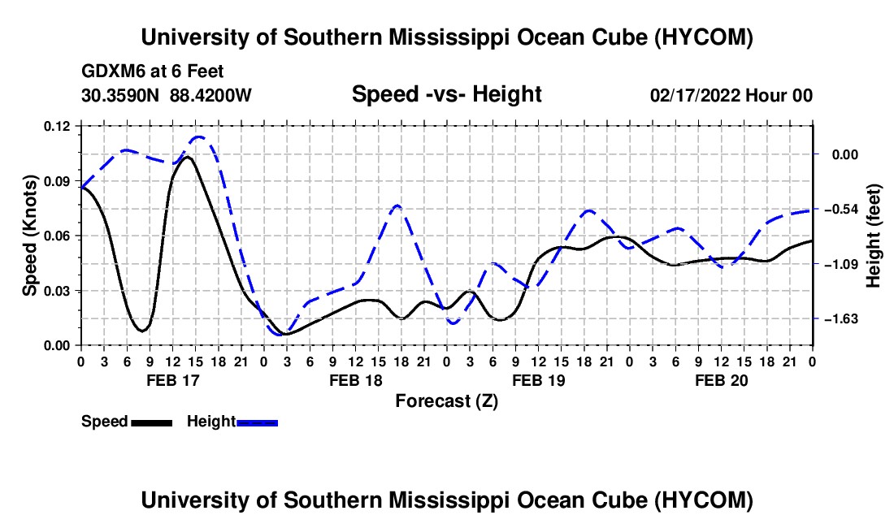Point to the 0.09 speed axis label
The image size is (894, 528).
tap(57, 181)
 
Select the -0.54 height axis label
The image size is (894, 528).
tap(841, 209)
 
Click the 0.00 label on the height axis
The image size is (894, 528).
tap(845, 154)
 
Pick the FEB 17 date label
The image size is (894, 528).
tap(173, 380)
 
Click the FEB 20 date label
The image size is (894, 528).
tap(721, 380)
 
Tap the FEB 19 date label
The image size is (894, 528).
tap(538, 380)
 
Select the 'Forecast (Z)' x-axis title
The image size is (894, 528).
tap(446, 401)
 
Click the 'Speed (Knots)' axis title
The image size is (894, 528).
tap(29, 236)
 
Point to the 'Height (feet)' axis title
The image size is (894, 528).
tap(874, 236)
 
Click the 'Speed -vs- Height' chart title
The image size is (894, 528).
tap(446, 94)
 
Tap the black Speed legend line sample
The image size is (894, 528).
tap(152, 422)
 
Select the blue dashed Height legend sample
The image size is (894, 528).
tap(257, 422)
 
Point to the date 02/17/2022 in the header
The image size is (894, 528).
tap(695, 95)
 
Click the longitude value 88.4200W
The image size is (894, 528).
tap(210, 95)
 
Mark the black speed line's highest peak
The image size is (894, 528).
tap(186, 157)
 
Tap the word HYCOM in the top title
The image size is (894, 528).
tap(703, 37)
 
